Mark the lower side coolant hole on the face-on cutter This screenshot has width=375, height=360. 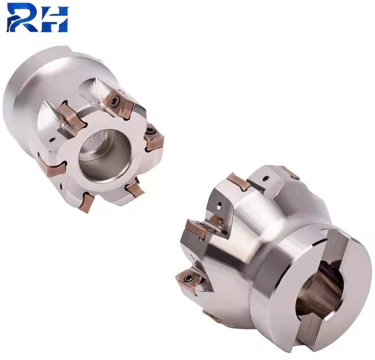point(62,186)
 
